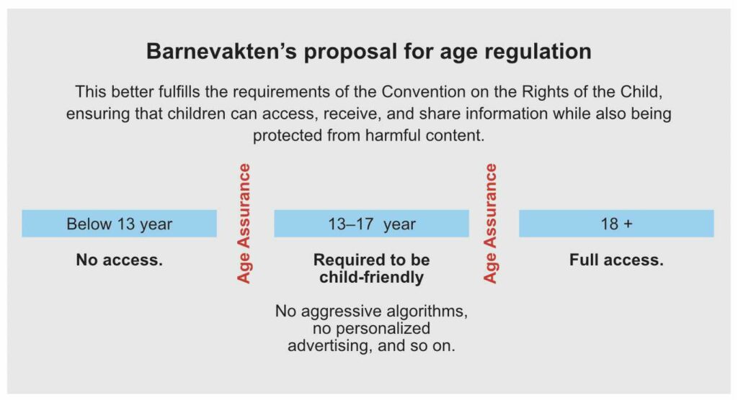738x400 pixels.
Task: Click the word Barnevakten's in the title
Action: coord(221,51)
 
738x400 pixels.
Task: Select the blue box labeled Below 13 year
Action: coord(119,223)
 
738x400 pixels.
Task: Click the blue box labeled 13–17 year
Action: coord(371,223)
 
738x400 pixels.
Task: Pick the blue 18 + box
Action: coord(617,223)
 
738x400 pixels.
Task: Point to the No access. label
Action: coord(119,260)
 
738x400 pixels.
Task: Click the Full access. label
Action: coord(617,260)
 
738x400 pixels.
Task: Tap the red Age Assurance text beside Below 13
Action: coord(244,223)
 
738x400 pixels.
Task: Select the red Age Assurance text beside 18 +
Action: coord(490,223)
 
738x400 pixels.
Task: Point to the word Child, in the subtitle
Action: coord(641,91)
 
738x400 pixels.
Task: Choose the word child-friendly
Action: coord(371,278)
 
